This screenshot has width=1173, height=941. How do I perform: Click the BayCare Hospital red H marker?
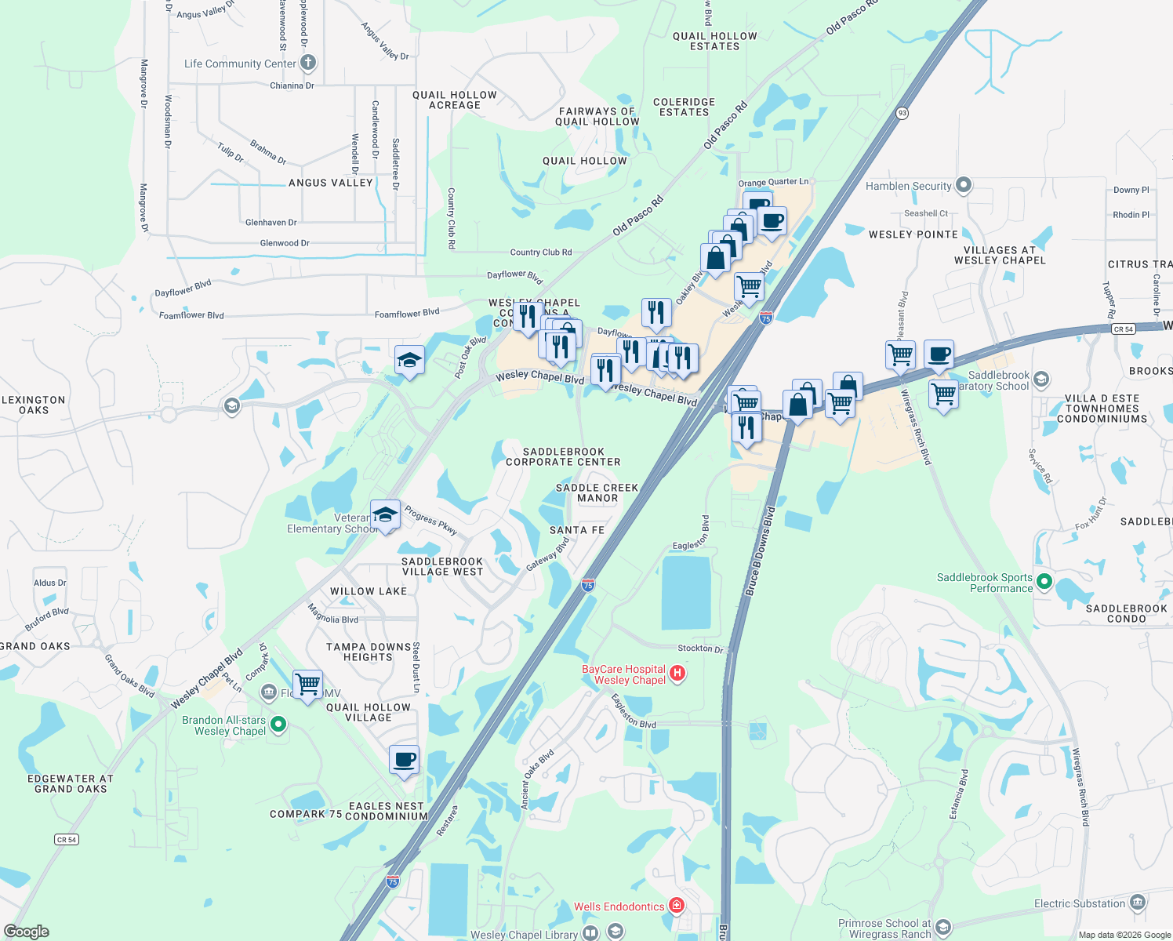[x=678, y=674]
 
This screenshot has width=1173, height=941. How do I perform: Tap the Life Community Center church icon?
[x=308, y=63]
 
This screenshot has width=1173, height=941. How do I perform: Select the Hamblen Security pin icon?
[x=964, y=186]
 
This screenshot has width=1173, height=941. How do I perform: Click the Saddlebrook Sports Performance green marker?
[x=1044, y=582]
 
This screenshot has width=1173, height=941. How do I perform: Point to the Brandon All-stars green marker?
[x=278, y=725]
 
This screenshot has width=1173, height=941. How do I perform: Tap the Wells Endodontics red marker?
[x=676, y=906]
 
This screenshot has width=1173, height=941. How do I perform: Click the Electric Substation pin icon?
[x=1138, y=903]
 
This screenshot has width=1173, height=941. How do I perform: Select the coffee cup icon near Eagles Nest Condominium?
[x=404, y=759]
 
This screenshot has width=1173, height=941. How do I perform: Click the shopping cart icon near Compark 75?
[x=307, y=684]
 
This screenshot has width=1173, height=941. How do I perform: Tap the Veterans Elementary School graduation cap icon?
[x=385, y=514]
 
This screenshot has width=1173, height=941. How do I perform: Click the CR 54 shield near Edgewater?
[x=67, y=839]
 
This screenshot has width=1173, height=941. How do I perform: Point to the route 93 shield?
[x=902, y=113]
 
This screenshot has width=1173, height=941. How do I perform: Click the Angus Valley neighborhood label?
[x=330, y=183]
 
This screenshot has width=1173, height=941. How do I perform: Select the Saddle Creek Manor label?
[x=597, y=492]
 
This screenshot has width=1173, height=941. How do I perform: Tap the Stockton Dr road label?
[x=700, y=649]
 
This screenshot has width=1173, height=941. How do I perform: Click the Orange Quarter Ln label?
[x=772, y=182]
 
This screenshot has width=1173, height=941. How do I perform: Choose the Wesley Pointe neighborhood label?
[x=913, y=234]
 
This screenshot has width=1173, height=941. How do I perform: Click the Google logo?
[x=26, y=932]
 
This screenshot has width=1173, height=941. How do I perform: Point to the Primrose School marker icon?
[x=943, y=928]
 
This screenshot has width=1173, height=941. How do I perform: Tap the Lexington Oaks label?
[x=34, y=405]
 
